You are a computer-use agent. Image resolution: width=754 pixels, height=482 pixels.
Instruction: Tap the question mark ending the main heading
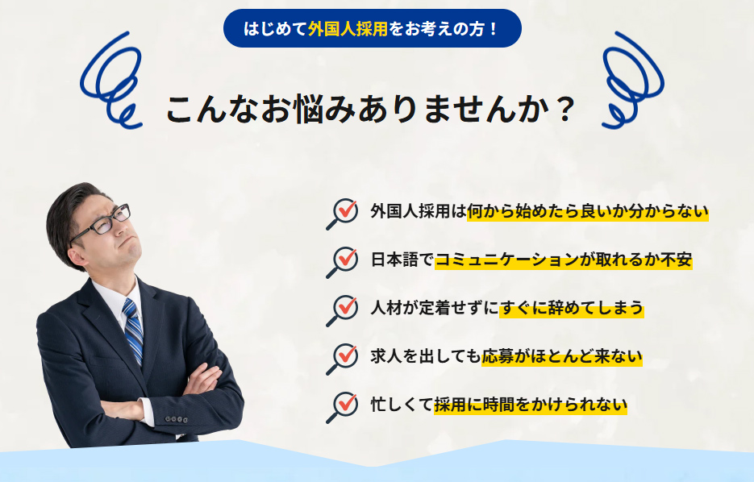(x=564, y=110)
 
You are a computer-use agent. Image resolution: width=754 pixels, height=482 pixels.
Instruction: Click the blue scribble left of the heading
(x=111, y=81)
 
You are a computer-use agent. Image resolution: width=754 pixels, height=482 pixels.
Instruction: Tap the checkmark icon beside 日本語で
(x=344, y=260)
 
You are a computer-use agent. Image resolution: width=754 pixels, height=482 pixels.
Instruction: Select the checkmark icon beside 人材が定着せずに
(x=344, y=309)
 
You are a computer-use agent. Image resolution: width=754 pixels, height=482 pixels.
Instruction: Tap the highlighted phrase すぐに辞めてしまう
(x=571, y=308)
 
